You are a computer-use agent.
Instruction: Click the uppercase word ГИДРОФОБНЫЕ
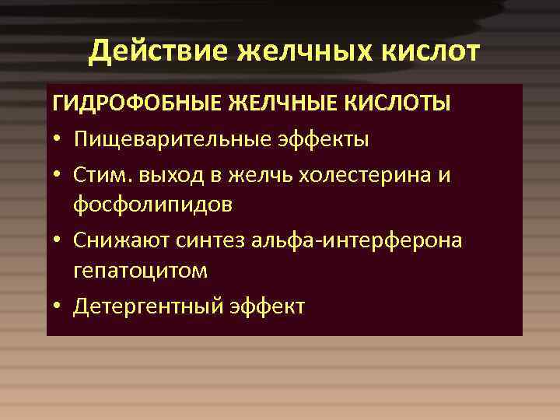[x=137, y=105]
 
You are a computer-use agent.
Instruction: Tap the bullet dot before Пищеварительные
[x=58, y=141]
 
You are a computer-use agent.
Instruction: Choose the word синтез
[x=204, y=240]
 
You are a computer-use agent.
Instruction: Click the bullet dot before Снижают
[x=58, y=241]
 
